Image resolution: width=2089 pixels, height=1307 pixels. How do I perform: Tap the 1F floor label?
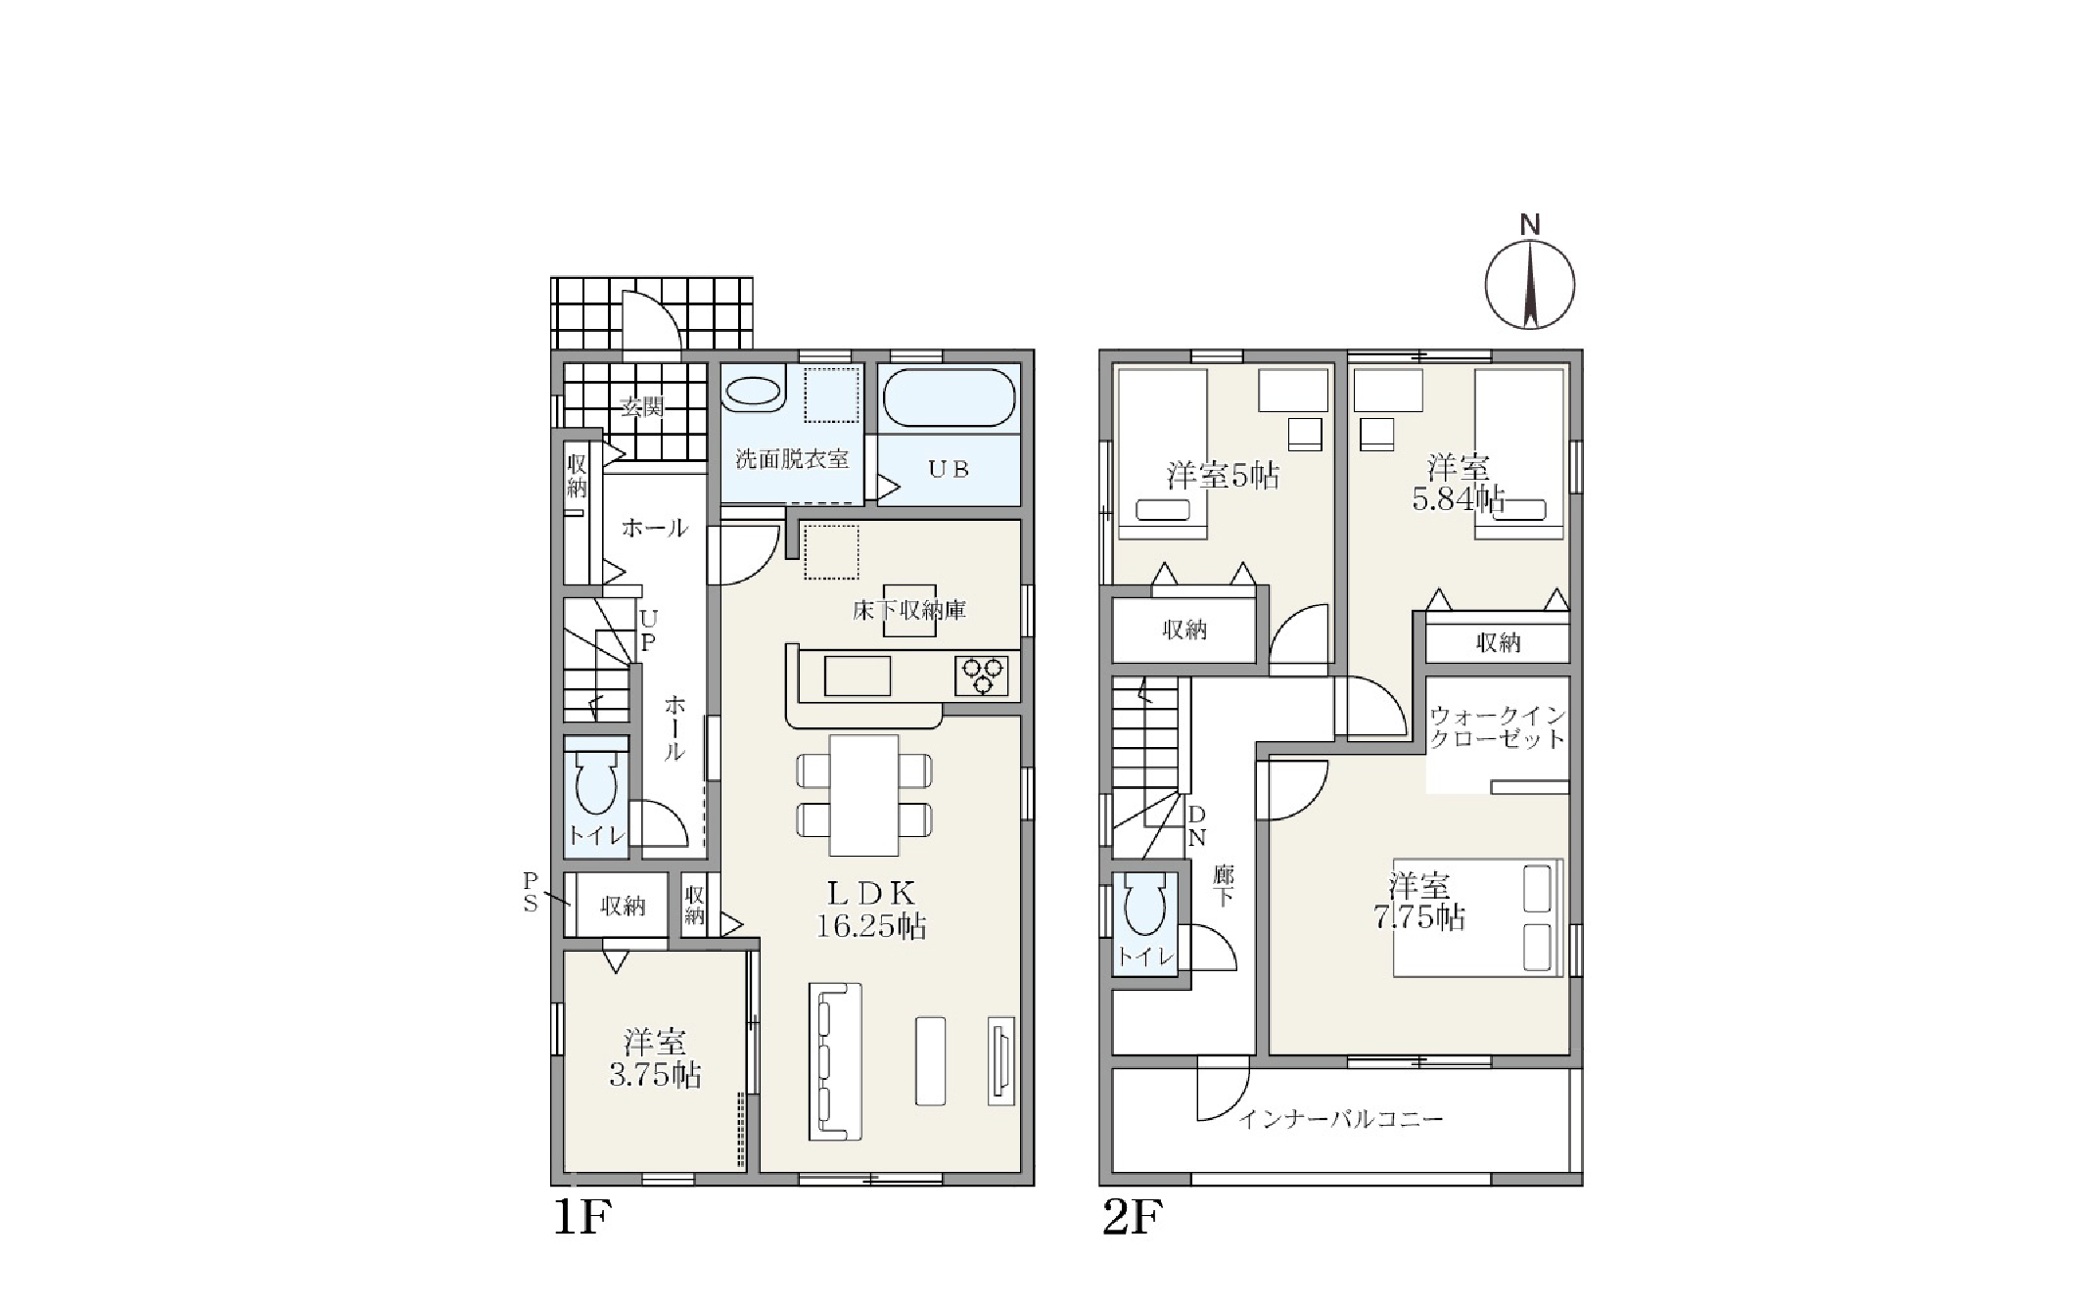(582, 1217)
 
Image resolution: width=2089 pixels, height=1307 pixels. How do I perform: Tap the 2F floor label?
(1133, 1217)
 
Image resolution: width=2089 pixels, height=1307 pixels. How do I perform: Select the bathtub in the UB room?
(949, 397)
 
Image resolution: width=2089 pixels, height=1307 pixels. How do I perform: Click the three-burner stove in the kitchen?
(982, 676)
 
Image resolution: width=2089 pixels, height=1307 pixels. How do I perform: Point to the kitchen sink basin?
(858, 676)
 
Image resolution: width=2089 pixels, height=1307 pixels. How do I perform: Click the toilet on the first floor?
(596, 783)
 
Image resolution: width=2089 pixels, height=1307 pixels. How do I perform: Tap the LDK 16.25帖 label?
(871, 910)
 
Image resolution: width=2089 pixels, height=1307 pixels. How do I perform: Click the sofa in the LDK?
(835, 1061)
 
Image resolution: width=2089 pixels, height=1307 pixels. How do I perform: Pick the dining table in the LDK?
(863, 795)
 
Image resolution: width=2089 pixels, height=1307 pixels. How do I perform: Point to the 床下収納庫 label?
(908, 611)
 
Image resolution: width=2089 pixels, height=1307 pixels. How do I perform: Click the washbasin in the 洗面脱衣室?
(756, 394)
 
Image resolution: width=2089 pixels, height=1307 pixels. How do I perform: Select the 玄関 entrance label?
(642, 406)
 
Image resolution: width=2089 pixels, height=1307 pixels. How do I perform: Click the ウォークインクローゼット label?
(1498, 727)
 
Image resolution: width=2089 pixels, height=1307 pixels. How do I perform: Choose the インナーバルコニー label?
(1340, 1118)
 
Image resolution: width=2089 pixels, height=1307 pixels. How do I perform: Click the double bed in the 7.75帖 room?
(1477, 917)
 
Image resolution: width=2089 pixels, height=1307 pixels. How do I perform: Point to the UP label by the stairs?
(648, 630)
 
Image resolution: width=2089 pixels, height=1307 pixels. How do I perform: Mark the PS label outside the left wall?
(531, 892)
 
